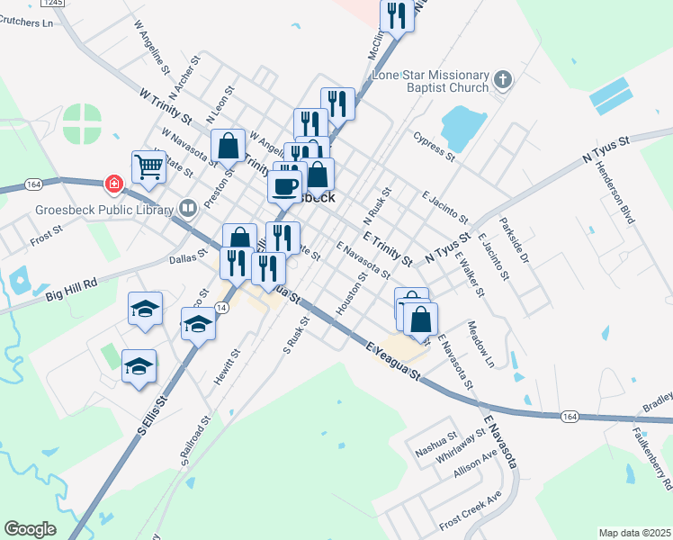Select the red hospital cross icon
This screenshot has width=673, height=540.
[114, 184]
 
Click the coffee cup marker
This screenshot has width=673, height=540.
[285, 187]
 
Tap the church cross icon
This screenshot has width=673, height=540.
[502, 81]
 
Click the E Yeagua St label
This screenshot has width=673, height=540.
[393, 358]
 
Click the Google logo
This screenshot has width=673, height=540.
[30, 528]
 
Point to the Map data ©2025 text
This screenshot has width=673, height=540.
[634, 533]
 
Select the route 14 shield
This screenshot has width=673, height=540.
[222, 308]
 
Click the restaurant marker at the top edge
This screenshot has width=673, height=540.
[397, 14]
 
